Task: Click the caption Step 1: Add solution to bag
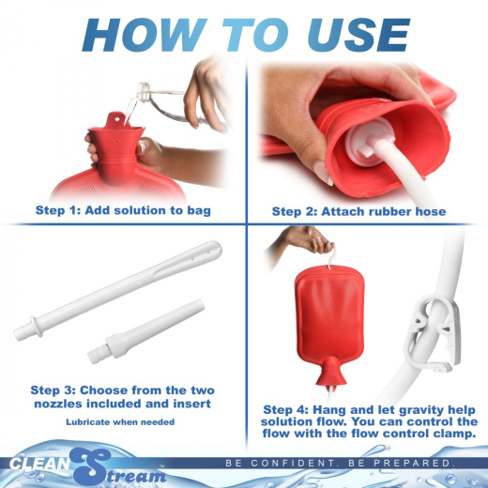click(x=122, y=209)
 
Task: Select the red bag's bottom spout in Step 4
click(x=329, y=379)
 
